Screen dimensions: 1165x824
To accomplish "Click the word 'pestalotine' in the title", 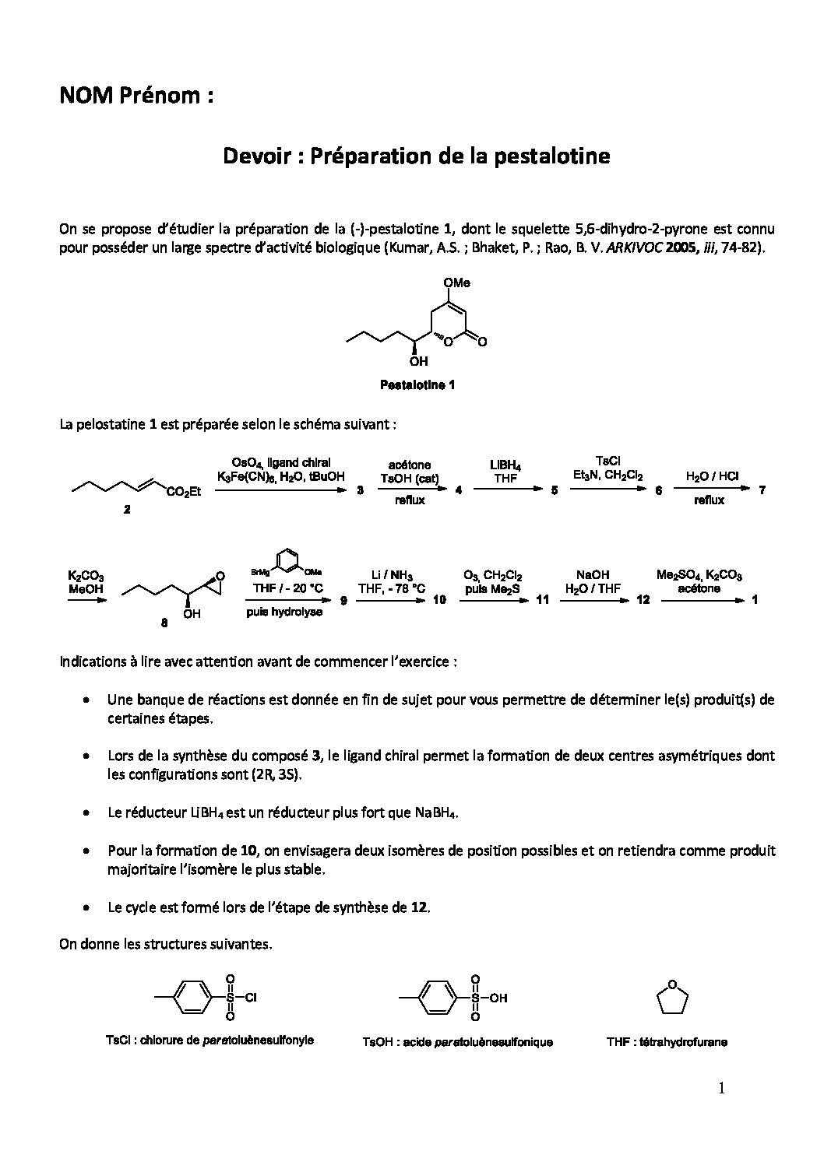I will [559, 156].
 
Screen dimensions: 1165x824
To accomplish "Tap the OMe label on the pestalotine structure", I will [457, 282].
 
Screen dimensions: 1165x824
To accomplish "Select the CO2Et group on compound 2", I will [184, 492].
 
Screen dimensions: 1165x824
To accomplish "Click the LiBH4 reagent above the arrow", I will [505, 465].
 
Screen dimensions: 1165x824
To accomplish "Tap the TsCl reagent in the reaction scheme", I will [607, 461].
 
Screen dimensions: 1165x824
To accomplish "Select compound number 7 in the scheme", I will [762, 490].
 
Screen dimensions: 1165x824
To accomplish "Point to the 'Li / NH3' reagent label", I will [391, 575].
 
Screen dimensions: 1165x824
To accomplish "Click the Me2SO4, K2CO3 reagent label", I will [700, 575].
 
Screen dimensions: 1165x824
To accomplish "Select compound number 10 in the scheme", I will [439, 600].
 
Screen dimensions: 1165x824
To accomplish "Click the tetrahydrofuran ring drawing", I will [674, 999].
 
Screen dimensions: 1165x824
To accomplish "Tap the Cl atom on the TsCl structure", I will [251, 997].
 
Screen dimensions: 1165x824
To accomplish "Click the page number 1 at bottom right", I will [721, 1090].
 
